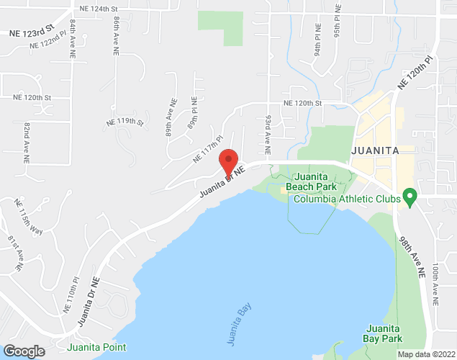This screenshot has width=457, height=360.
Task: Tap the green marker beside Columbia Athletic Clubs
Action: click(410, 196)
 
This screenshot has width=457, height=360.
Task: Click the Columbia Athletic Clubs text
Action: click(347, 199)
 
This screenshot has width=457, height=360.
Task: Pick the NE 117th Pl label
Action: click(209, 147)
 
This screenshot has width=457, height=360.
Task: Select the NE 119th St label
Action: click(125, 122)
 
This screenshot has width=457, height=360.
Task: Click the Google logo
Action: click(23, 351)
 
